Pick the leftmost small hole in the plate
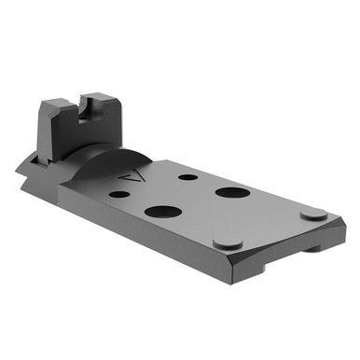pos(119,196)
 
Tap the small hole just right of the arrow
pos(187,176)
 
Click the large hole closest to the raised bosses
pos(228,193)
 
